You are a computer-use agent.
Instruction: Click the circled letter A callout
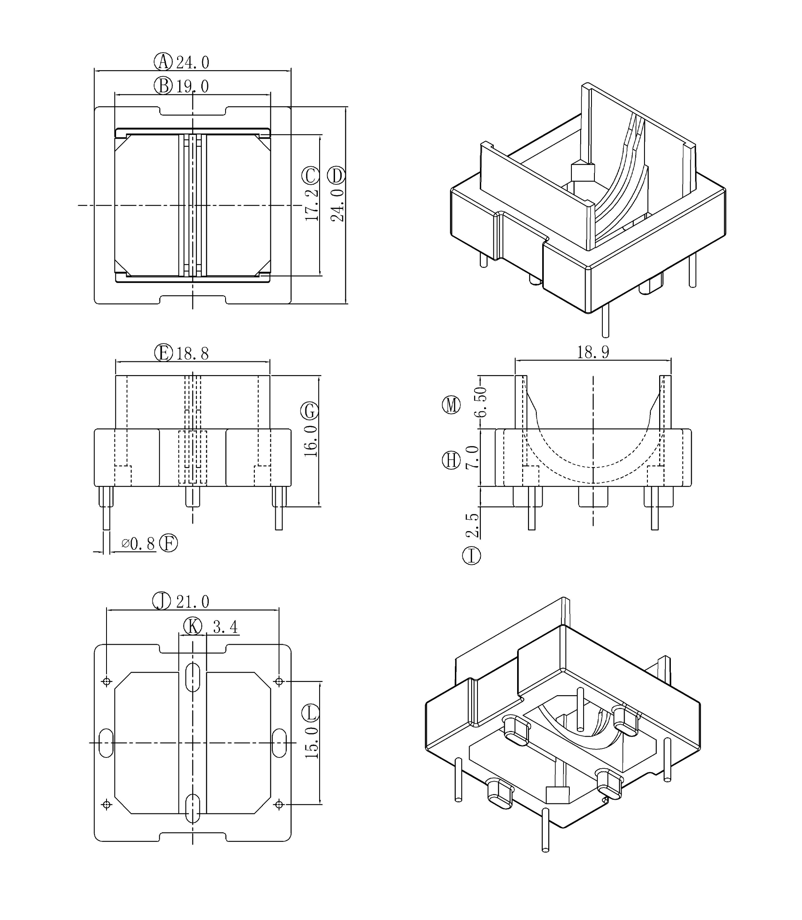(163, 62)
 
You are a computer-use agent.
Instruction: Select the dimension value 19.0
(192, 86)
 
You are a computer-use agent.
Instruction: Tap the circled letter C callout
(311, 176)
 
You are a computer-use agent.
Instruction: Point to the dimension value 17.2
(312, 205)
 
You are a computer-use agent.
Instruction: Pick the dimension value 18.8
(192, 354)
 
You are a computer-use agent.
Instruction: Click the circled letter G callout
(310, 411)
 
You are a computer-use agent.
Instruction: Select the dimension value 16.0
(311, 441)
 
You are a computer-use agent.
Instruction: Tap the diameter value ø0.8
(138, 544)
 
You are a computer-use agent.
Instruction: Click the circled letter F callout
(169, 544)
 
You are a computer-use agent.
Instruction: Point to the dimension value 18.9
(593, 352)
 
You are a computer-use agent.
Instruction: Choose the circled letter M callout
(451, 405)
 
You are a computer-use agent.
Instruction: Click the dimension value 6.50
(481, 402)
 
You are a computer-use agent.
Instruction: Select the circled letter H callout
(451, 460)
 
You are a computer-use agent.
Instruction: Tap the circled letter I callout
(471, 556)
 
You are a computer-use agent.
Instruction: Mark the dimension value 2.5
(472, 525)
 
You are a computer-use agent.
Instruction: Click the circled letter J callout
(162, 601)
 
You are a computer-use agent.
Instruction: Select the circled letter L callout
(311, 713)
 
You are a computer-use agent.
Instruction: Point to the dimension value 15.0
(312, 743)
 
